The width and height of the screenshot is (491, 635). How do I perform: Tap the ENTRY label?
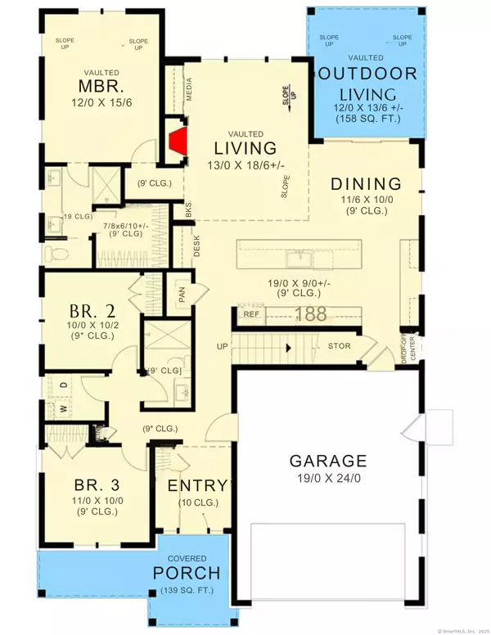196,485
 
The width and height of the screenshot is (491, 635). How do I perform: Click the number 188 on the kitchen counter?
309,313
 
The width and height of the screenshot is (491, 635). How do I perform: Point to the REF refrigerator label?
251,314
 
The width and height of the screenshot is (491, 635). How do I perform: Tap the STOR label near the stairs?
339,346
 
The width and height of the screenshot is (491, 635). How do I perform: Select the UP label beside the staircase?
222,346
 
